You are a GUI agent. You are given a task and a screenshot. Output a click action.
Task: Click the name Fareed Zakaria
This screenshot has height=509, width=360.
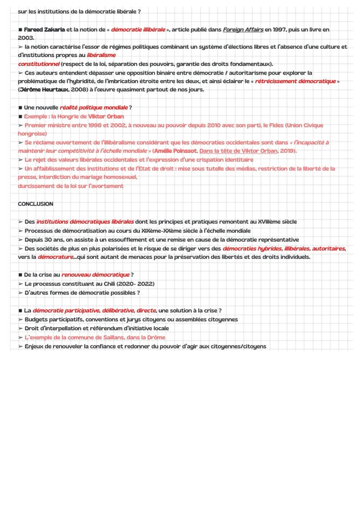click(x=44, y=30)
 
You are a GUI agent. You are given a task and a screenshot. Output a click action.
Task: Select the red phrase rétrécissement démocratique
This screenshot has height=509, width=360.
click(x=295, y=81)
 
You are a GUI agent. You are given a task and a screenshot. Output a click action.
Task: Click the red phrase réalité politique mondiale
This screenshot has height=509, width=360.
click(x=94, y=107)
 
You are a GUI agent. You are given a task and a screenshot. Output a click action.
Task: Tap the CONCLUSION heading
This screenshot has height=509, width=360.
click(x=35, y=204)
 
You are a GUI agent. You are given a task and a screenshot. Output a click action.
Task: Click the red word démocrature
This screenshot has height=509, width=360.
click(x=55, y=257)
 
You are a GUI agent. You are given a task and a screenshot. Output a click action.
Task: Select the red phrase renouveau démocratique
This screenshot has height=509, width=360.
click(x=96, y=275)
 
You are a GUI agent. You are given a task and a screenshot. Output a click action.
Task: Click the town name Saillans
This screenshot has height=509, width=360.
click(x=110, y=337)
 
